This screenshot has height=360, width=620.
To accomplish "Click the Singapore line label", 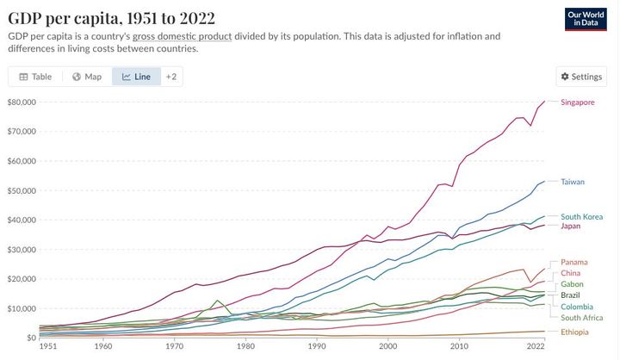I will [577, 102].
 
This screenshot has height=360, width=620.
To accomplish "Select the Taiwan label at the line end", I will [573, 182].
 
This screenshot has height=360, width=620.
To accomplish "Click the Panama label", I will [574, 262].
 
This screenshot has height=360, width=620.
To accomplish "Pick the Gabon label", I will [573, 284].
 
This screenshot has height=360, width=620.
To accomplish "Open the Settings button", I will [581, 77].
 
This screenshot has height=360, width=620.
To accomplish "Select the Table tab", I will [35, 77].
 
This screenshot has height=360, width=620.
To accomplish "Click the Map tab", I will [87, 77].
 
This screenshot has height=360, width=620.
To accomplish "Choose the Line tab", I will [136, 77].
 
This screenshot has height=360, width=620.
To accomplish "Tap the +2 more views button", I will [171, 77].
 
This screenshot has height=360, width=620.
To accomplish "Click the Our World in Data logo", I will [588, 21].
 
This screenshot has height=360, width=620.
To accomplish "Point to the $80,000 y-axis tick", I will [22, 102].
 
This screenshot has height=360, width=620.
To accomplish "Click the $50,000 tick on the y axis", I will [22, 190].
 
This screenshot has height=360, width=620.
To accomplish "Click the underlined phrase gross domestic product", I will [182, 36].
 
